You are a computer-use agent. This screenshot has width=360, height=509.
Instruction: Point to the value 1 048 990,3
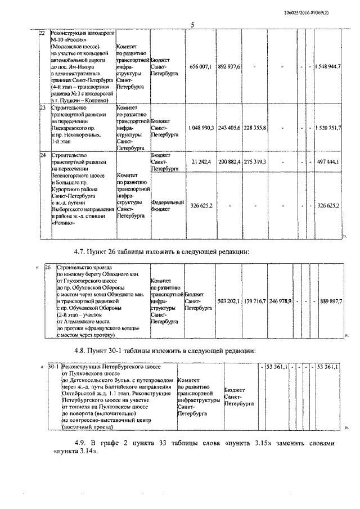pos(201,128)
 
